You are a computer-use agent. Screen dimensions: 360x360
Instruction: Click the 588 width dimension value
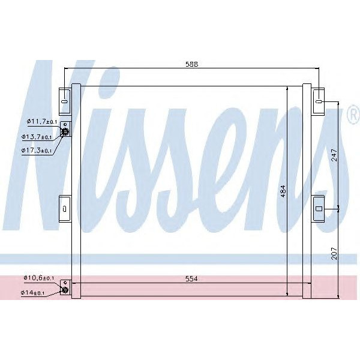pos(191,64)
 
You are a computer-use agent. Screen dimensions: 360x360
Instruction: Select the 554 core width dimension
pos(191,279)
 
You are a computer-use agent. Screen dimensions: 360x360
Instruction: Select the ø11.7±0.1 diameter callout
pos(41,122)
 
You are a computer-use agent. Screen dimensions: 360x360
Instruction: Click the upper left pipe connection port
pos(65,133)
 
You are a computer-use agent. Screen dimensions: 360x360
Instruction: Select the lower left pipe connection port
pos(65,290)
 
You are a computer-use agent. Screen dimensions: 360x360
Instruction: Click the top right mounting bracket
pos(319,101)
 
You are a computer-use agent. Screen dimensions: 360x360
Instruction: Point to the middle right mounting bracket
pos(319,208)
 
